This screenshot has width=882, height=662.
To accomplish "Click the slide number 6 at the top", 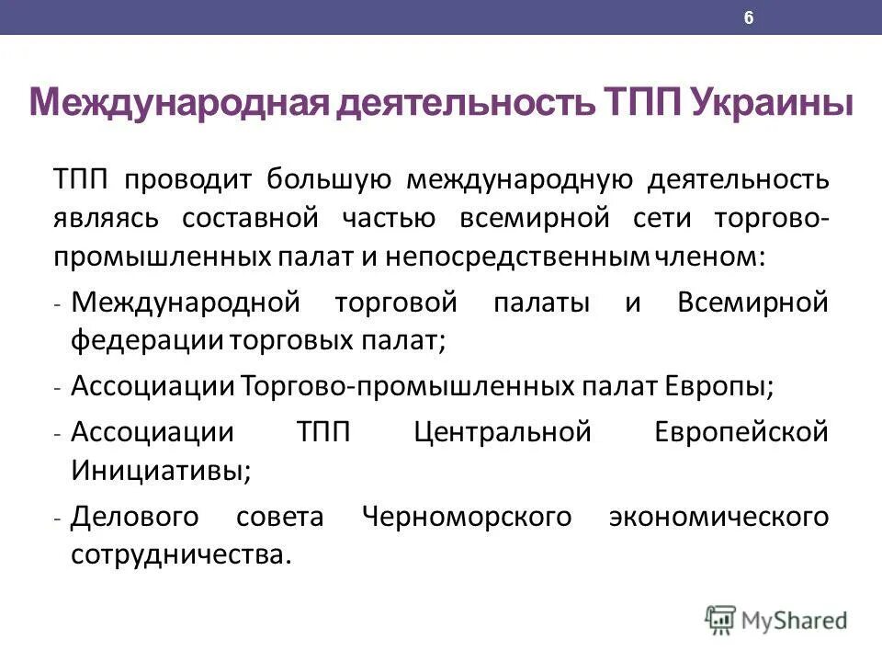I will click(x=749, y=18).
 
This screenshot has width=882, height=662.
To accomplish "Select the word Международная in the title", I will click(x=175, y=100).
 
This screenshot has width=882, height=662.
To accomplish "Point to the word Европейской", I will click(x=741, y=430).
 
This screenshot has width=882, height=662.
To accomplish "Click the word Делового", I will click(x=134, y=516).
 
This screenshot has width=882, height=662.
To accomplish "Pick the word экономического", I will click(x=718, y=516).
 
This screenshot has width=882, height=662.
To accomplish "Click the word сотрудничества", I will click(x=180, y=554).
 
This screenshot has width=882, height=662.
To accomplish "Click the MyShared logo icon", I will click(x=721, y=619).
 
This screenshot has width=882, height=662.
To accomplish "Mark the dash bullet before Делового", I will click(x=57, y=519).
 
